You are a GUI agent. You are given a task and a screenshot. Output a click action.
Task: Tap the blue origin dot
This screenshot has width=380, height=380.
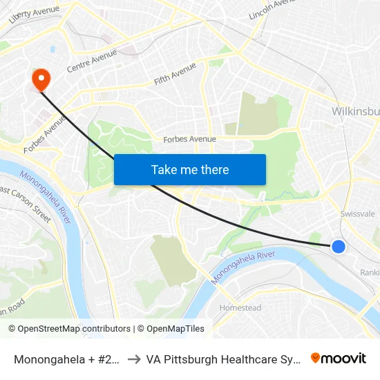[338, 246]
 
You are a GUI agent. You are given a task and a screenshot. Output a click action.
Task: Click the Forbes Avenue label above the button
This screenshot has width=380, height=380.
[189, 139]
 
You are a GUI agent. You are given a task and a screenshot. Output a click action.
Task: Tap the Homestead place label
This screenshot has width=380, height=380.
[240, 307]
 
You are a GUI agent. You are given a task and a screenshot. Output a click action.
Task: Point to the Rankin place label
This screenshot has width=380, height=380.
[370, 272]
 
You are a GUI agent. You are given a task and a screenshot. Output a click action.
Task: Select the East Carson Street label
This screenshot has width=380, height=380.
[26, 204]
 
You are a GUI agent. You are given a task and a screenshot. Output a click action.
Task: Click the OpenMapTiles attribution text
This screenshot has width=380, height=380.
[173, 329]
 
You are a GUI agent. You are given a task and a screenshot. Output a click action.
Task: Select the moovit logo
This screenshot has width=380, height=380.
[338, 359]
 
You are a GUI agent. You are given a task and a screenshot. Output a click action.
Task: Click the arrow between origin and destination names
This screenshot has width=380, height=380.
[134, 359]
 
